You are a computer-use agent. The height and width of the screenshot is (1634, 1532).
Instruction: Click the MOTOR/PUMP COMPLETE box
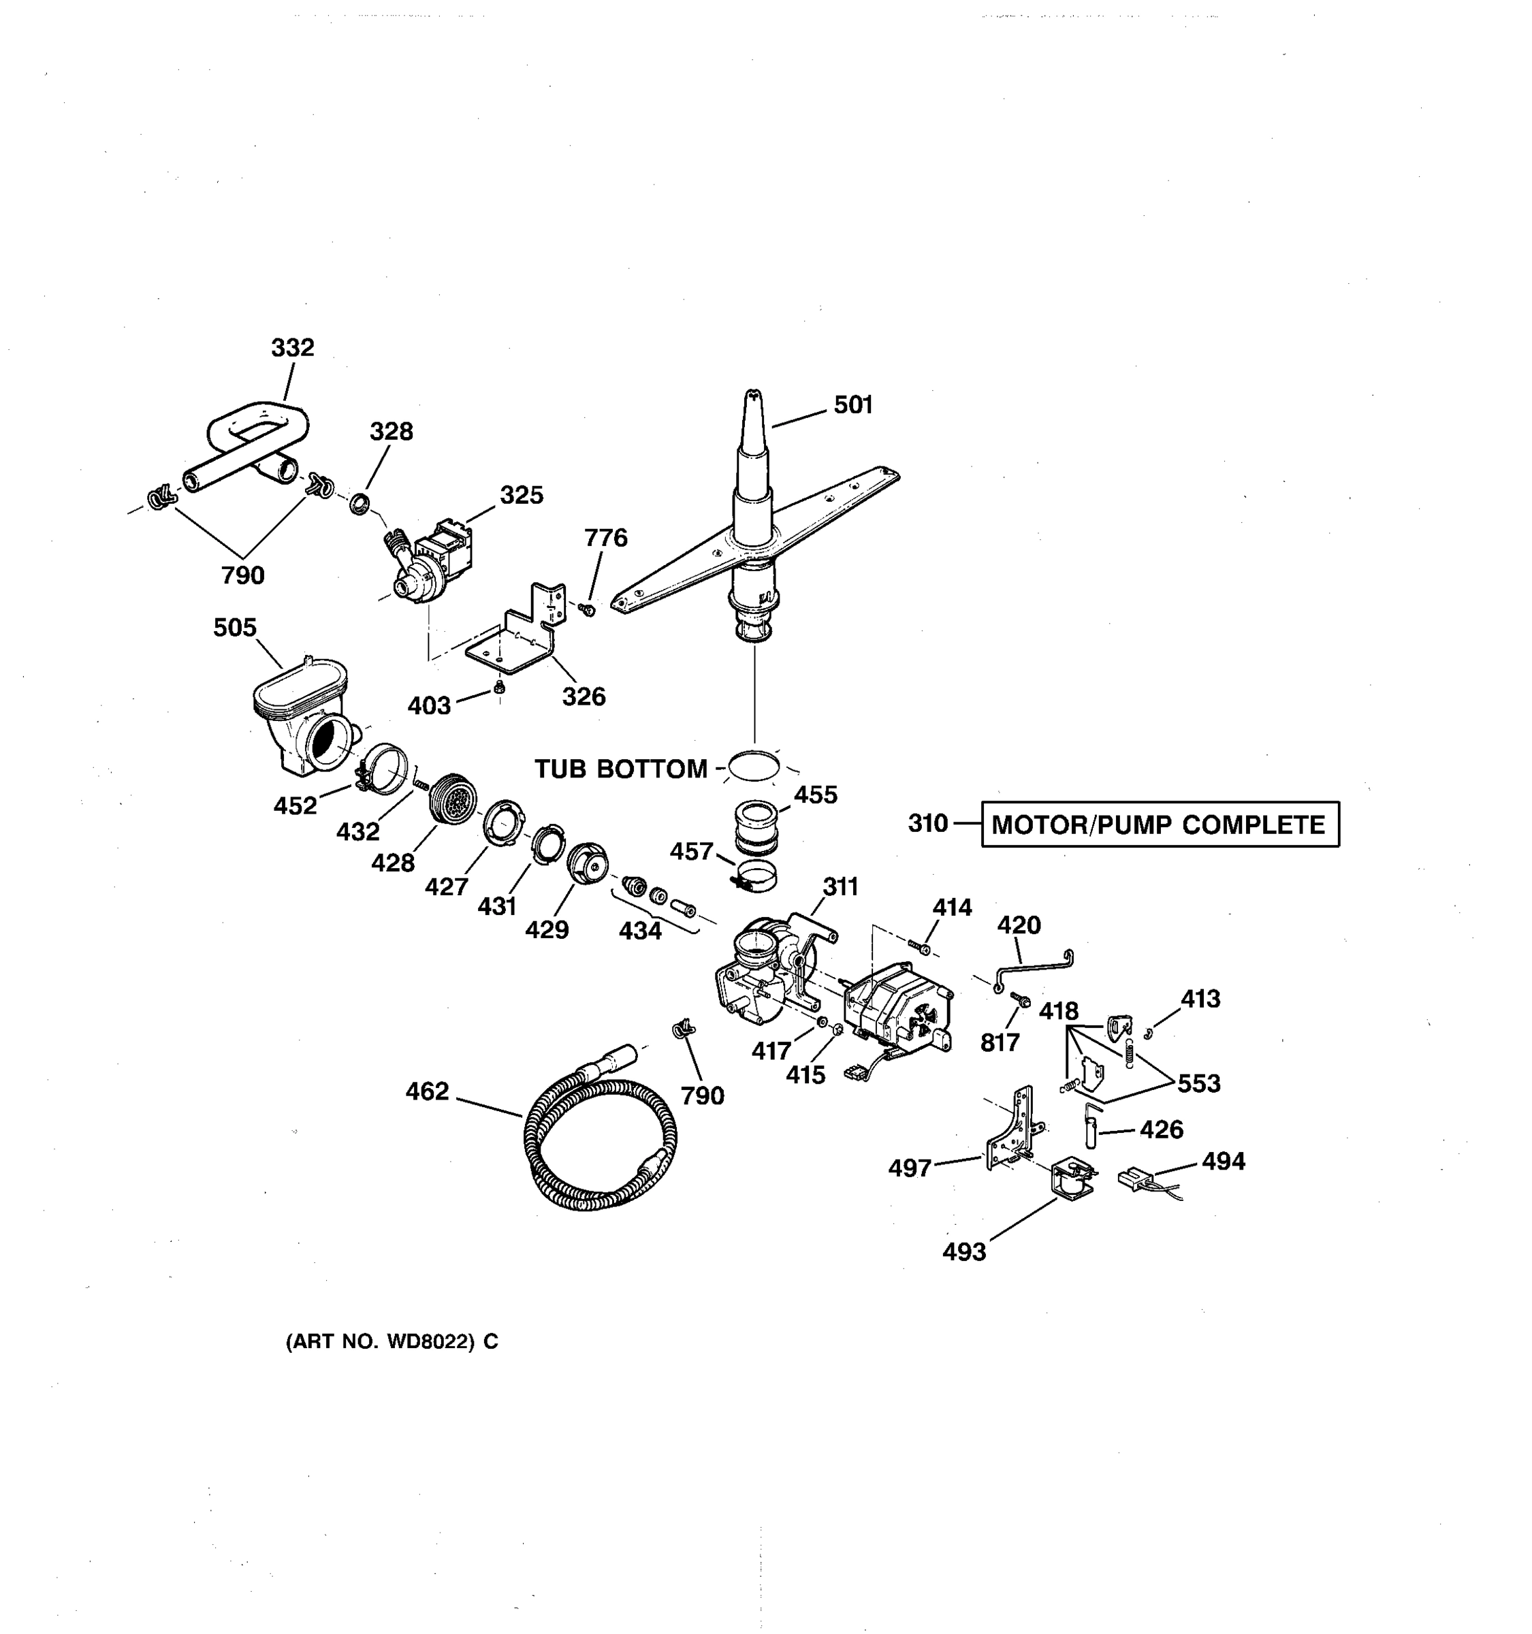pyautogui.click(x=1160, y=824)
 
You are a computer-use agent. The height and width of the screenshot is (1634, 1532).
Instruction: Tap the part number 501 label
pyautogui.click(x=853, y=404)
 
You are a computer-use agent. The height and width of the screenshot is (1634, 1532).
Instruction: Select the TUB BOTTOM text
pyautogui.click(x=620, y=769)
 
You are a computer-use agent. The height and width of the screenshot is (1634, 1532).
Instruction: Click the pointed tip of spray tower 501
pyautogui.click(x=752, y=397)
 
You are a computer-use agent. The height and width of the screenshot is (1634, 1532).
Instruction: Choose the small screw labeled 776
pyautogui.click(x=588, y=609)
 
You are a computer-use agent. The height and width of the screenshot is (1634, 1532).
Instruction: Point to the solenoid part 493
pyautogui.click(x=1072, y=1178)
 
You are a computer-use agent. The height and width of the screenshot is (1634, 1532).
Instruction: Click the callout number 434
pyautogui.click(x=640, y=931)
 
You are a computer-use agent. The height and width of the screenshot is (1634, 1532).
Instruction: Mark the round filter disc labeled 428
pyautogui.click(x=453, y=797)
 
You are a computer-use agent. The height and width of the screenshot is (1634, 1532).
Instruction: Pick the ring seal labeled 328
pyautogui.click(x=359, y=504)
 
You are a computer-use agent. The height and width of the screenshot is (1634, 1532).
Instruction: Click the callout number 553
pyautogui.click(x=1199, y=1083)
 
